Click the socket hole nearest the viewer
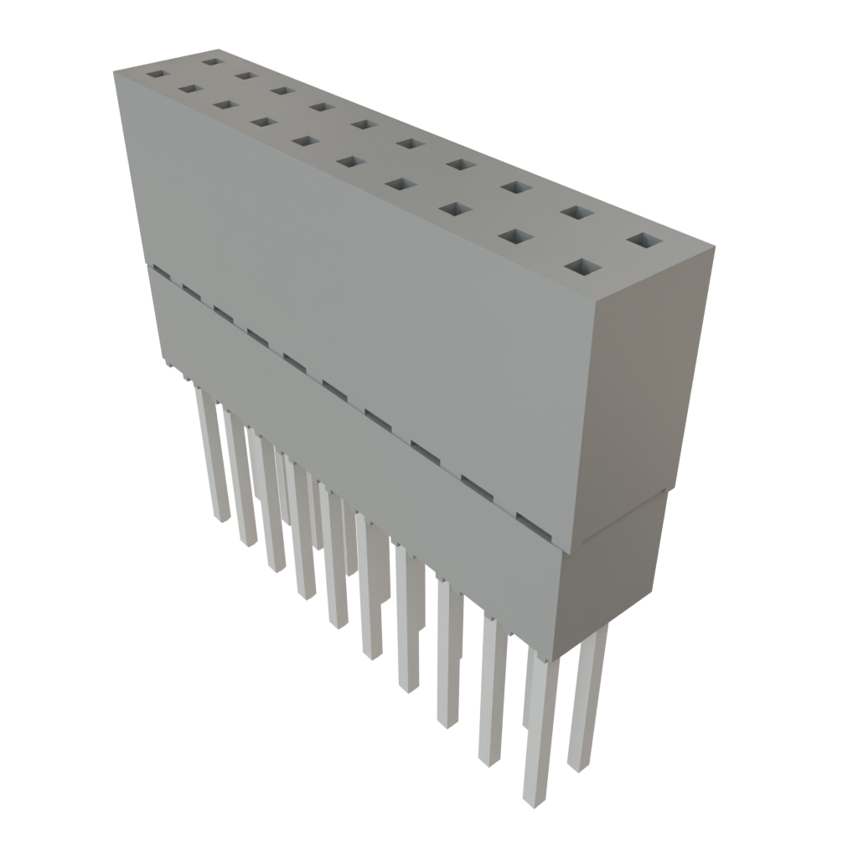pos(584,268)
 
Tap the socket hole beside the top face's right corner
pos(643,241)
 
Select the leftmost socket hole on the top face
pos(156,74)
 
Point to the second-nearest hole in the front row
pos(517,237)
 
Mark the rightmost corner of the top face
pos(715,246)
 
